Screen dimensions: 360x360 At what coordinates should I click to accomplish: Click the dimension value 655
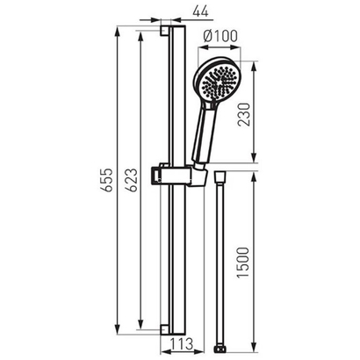click(x=109, y=180)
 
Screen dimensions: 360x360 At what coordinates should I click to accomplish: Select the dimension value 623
click(x=133, y=180)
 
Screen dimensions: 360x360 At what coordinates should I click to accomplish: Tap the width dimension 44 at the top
click(x=201, y=11)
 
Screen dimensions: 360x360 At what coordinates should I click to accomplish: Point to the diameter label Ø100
click(x=220, y=36)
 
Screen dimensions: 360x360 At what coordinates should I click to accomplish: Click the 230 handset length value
click(x=244, y=114)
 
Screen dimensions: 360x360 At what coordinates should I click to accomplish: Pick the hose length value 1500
click(x=243, y=263)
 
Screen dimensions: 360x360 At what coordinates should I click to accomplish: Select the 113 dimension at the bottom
click(x=182, y=343)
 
